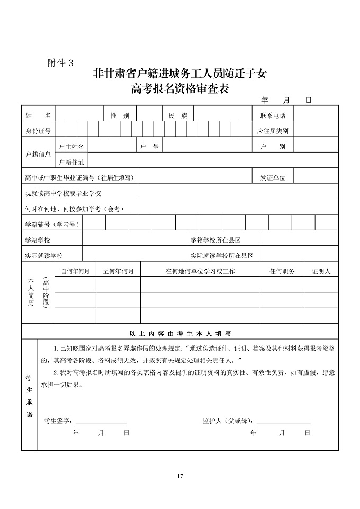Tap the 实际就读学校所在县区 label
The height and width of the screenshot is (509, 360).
coord(222,255)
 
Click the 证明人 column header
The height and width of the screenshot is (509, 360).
coord(321,271)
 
